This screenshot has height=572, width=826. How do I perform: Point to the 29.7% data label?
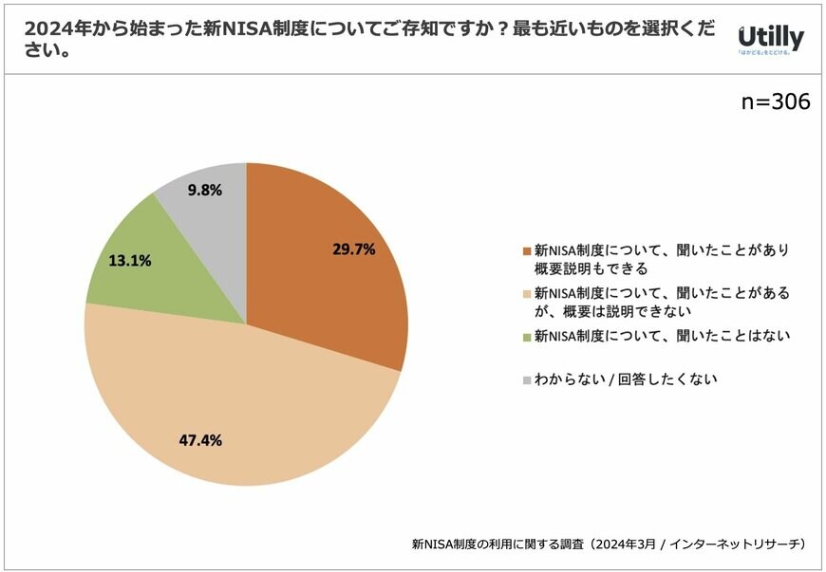(353, 249)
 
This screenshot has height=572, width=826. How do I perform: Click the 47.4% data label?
(199, 440)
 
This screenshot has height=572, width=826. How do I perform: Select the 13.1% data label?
(131, 260)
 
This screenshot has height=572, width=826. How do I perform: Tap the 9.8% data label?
(205, 190)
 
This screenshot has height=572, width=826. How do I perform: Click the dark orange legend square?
(526, 251)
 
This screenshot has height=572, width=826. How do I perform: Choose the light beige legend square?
(526, 294)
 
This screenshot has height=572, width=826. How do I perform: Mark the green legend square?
(526, 336)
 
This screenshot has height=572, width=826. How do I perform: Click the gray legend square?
(526, 379)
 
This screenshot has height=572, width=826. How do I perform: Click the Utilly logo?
(771, 39)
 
